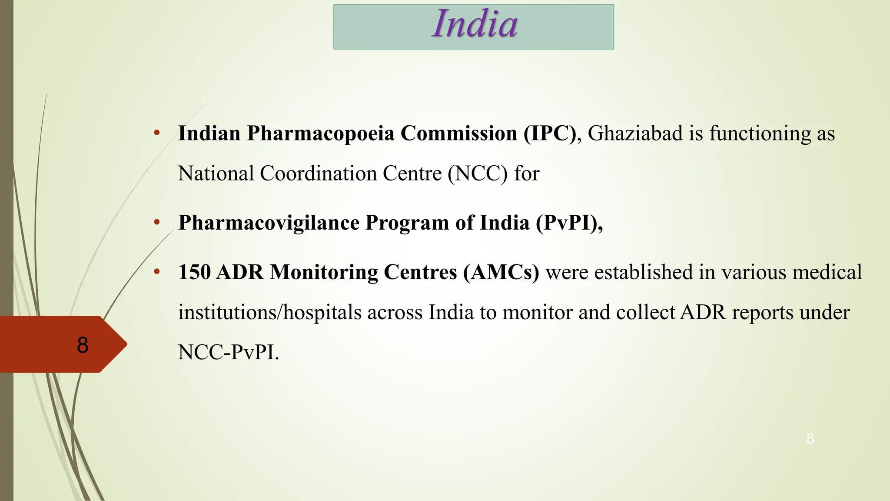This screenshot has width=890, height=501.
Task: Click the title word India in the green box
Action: tap(475, 24)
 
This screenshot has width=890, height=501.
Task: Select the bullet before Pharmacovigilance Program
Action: tap(157, 223)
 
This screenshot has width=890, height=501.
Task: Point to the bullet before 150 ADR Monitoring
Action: tap(157, 272)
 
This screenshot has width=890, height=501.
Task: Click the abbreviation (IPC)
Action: tap(550, 134)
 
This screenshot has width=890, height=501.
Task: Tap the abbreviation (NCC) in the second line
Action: tap(478, 174)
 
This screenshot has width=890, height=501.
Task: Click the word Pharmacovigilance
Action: tap(269, 223)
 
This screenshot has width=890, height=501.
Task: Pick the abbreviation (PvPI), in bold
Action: tap(569, 223)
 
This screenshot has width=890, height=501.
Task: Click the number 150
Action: tap(194, 273)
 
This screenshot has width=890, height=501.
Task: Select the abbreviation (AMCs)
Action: tap(501, 273)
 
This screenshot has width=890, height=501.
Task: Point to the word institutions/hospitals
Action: tap(270, 313)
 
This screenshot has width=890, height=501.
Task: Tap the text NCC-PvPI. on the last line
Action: tap(228, 353)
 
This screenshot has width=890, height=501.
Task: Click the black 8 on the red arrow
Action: tap(83, 345)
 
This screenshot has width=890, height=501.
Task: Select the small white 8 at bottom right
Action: tap(810, 438)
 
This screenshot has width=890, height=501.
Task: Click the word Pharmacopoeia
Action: tap(321, 134)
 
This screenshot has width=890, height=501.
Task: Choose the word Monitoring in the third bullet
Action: tap(324, 273)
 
